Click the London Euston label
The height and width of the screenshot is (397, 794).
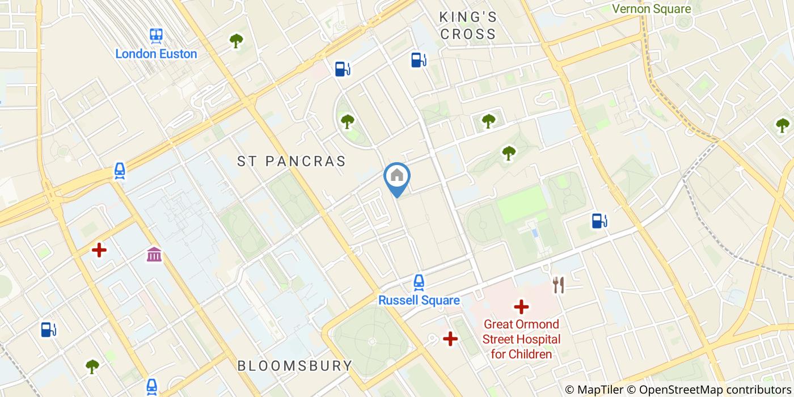point(156,54)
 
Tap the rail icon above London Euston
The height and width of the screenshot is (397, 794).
point(157,36)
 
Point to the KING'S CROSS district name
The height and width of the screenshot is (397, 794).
point(468,26)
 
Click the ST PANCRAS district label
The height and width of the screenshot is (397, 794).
point(292,161)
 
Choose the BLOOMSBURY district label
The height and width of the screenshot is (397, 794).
point(295,366)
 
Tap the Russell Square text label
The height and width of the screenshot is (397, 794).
point(419,300)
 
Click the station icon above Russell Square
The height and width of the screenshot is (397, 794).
point(419,282)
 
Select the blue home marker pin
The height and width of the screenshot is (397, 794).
point(397,177)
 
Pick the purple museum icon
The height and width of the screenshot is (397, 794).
point(154,255)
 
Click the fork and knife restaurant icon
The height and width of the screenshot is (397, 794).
point(559,285)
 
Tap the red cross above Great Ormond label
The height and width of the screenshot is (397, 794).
point(521,307)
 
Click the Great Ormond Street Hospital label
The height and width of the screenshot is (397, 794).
point(521,339)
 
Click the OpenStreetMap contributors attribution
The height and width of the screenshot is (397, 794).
point(714,390)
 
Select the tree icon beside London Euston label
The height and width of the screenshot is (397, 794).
point(236,41)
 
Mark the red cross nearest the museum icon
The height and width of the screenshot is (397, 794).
point(99,250)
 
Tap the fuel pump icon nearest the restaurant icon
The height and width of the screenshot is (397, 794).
point(598,221)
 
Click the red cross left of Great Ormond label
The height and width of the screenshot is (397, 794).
point(450,339)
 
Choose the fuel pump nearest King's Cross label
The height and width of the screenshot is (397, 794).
point(419,60)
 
